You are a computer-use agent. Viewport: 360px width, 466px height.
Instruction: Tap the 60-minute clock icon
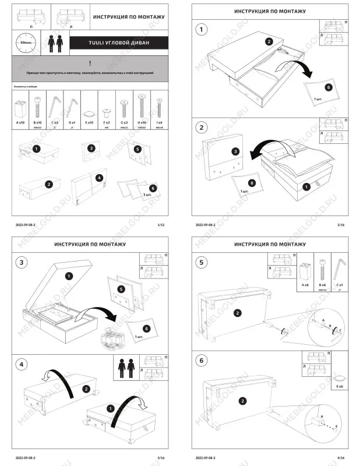pos(25,43)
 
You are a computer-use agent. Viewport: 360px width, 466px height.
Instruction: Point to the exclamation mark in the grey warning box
pos(90,62)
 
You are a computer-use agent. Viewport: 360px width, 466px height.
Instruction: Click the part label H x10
pos(142,123)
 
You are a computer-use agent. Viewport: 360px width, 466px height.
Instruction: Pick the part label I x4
pos(159,123)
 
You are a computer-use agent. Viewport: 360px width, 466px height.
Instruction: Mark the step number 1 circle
pos(202,30)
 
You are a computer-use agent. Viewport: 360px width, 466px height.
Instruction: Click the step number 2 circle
pos(202,128)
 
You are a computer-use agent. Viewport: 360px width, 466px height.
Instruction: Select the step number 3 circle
pos(22,263)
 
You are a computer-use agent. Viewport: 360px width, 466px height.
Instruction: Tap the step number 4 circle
pos(22,364)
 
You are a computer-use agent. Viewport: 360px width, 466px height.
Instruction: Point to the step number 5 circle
pos(202,263)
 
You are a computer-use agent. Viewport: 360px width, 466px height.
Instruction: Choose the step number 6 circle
pos(202,361)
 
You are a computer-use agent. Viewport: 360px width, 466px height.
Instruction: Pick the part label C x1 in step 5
pos(339,285)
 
